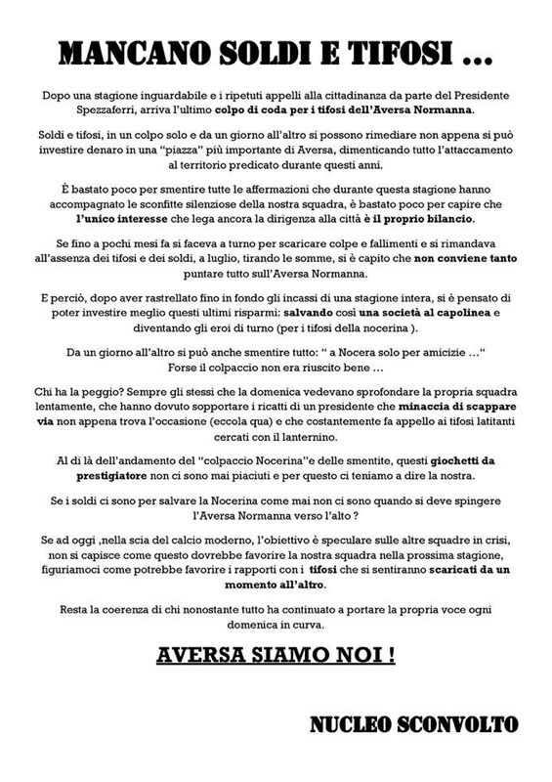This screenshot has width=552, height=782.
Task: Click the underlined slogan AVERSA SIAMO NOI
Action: coord(276,655)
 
